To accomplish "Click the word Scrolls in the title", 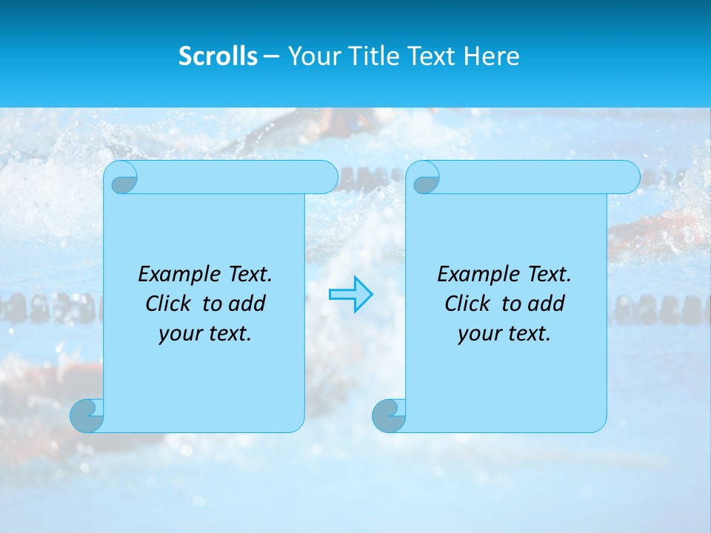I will (218, 56).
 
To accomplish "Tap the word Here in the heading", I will (491, 56).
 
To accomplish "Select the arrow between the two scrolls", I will (351, 295).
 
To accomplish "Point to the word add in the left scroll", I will (247, 304).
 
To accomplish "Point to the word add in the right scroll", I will (546, 304).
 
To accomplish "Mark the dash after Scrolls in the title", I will (271, 56).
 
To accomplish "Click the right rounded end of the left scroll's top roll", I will (326, 178).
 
